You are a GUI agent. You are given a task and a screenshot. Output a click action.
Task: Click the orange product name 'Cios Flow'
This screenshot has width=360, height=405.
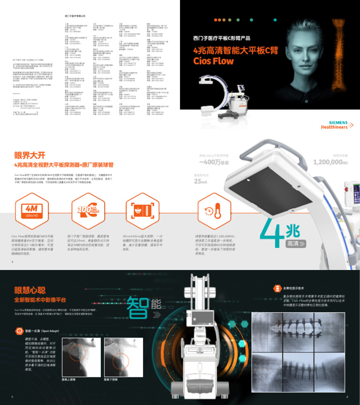(213, 61)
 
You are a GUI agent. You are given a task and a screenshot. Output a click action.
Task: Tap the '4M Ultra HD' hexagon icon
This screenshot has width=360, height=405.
(32, 209)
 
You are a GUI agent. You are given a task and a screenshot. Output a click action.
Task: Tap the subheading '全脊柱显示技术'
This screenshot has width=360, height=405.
(294, 288)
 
